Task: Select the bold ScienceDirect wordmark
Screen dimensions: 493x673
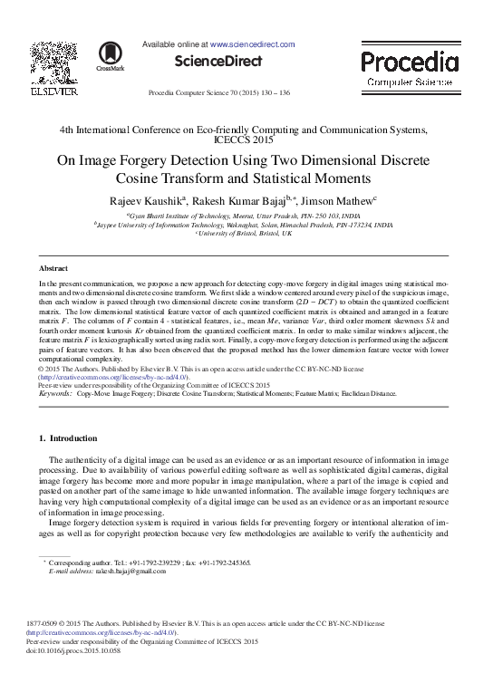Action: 217,62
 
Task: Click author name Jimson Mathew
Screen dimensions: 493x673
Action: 339,199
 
